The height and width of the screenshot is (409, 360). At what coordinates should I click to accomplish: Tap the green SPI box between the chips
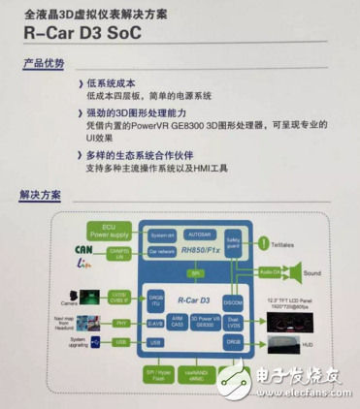point(195,274)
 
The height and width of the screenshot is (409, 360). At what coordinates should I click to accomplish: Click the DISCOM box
point(233,299)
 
